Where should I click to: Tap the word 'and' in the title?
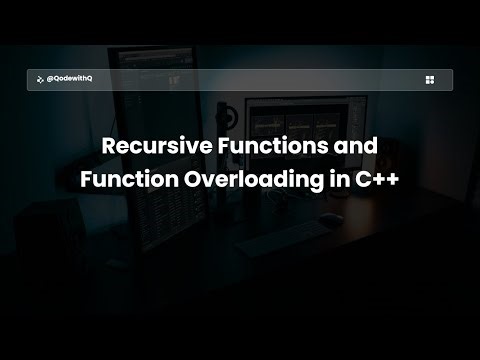click(356, 146)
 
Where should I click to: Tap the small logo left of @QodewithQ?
click(39, 80)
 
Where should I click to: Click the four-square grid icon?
click(429, 80)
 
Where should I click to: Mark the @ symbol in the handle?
click(50, 80)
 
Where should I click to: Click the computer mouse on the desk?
click(326, 216)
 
